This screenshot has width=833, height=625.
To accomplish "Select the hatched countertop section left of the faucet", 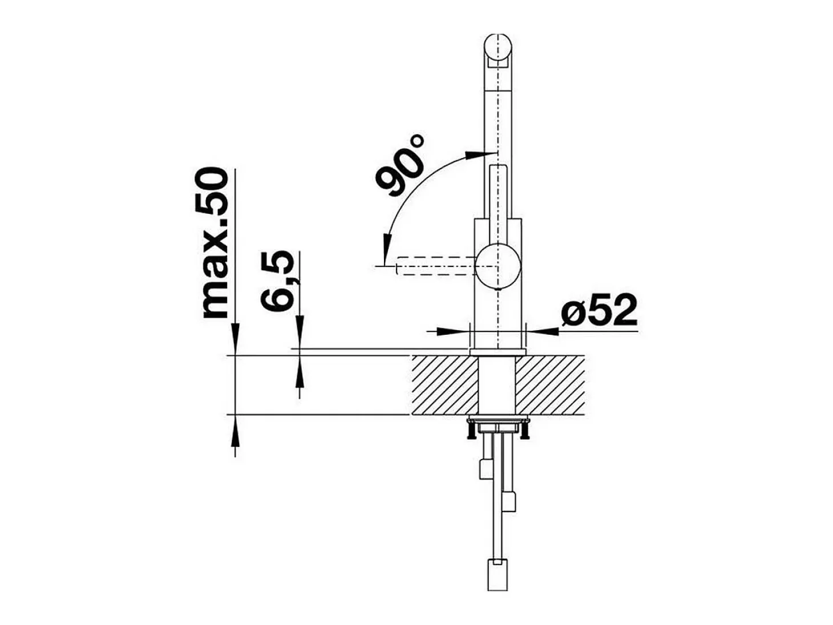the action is pos(444,385).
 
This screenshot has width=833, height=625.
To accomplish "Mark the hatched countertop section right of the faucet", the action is pos(549,385).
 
